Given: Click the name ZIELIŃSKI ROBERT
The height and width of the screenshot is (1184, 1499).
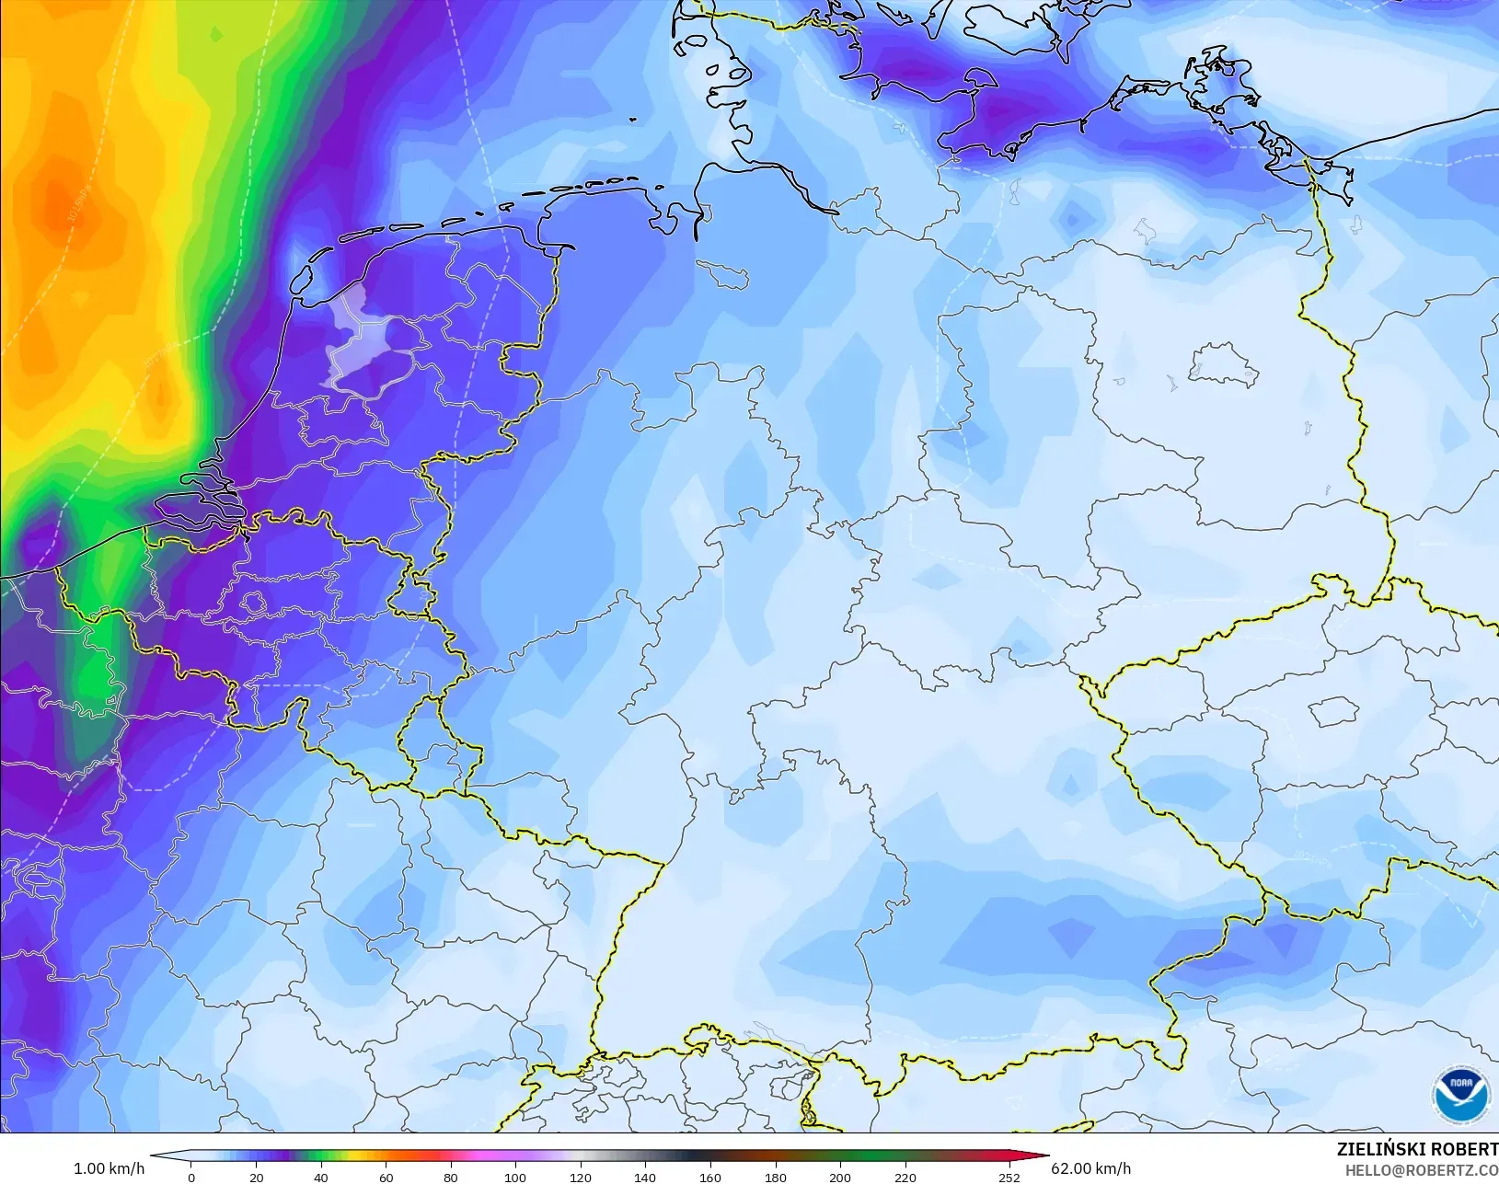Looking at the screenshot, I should point(1416,1149).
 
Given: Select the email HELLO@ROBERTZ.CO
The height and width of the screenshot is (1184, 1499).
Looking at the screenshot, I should point(1421,1170).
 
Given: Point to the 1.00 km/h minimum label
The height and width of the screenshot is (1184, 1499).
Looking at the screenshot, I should point(109,1168).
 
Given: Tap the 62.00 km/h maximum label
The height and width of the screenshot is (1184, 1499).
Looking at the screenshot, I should point(1090,1168).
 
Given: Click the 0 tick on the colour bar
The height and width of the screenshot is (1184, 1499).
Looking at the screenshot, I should point(191,1177).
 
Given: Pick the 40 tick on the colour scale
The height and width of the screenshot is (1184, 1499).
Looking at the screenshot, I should point(320,1177).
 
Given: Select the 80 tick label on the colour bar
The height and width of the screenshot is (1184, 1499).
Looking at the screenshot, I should point(450,1177).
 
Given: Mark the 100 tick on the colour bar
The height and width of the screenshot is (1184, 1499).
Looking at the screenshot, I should point(514,1177).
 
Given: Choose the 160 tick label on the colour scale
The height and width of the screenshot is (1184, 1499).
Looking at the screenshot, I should point(709,1177).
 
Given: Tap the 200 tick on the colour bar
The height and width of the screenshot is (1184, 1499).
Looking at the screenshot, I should point(839,1177).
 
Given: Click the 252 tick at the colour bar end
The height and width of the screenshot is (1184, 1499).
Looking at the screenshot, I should point(1009,1177).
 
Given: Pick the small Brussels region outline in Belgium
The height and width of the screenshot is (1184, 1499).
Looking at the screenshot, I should point(254,603).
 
